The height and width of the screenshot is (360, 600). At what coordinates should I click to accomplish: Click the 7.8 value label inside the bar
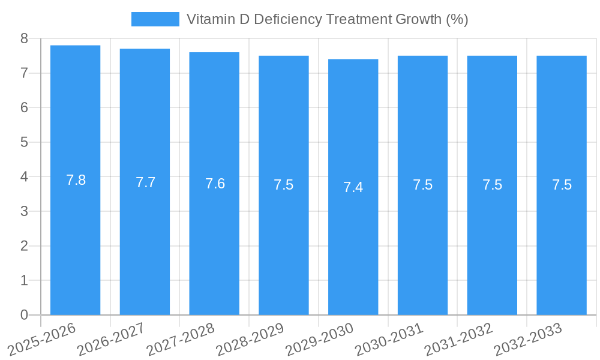(76, 180)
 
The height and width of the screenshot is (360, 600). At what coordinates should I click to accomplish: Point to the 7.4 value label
(353, 187)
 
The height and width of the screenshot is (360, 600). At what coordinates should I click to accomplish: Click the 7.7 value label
(145, 182)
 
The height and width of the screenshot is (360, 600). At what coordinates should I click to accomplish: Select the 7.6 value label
(215, 184)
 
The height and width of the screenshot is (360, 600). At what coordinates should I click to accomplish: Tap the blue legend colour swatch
(155, 19)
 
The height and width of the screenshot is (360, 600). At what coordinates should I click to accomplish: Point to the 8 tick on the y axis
(24, 39)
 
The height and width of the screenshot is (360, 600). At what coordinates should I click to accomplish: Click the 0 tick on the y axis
(24, 315)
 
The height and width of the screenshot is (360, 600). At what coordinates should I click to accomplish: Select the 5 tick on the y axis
(24, 142)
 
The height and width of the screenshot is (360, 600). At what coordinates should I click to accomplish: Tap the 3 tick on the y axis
(24, 211)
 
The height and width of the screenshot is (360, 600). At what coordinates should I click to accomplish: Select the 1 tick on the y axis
(24, 280)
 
